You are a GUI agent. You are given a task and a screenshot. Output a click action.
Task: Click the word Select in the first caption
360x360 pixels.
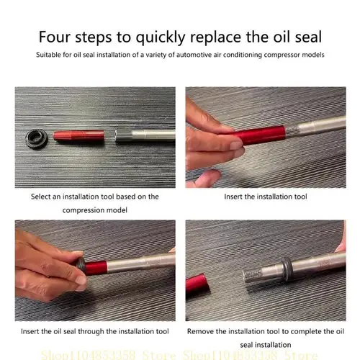click(x=42, y=196)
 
